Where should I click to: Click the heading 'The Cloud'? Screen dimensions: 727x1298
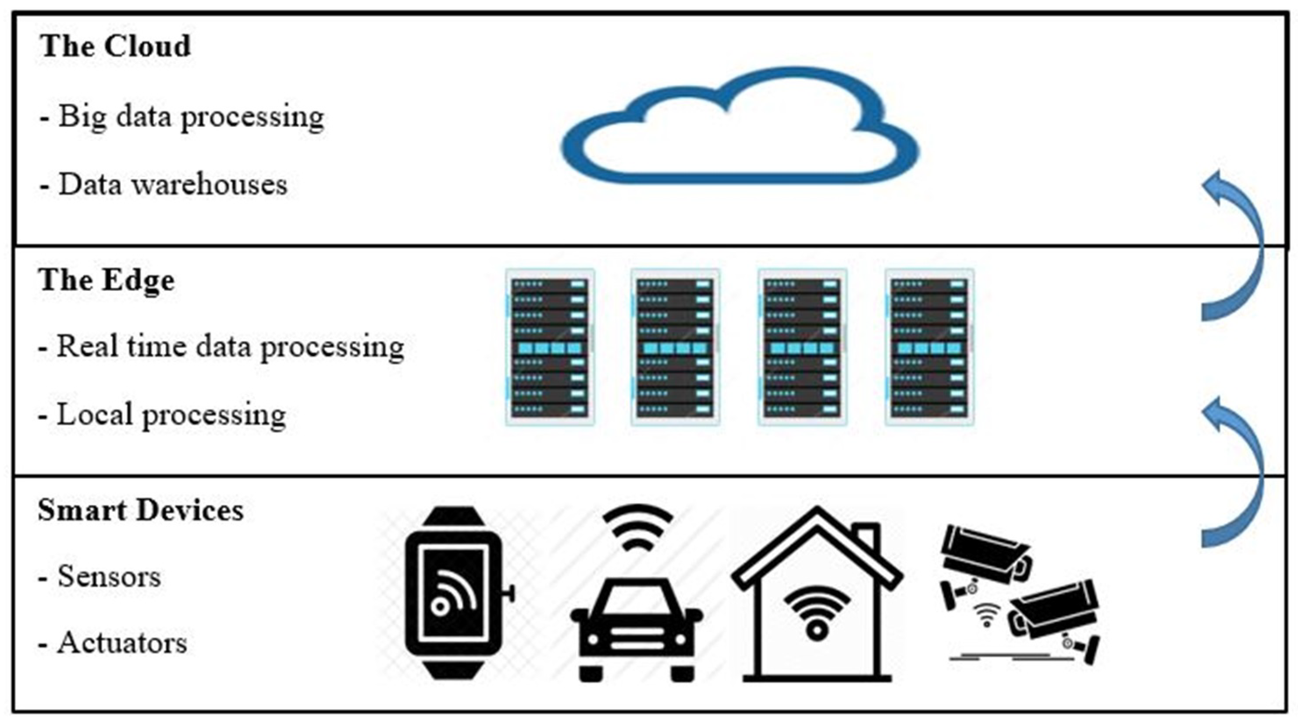click(115, 46)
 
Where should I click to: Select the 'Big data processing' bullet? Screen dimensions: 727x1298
click(182, 117)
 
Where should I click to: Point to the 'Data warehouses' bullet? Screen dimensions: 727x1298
click(164, 184)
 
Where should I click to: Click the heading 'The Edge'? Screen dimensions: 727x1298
click(107, 280)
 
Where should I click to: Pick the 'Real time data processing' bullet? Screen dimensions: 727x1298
click(222, 347)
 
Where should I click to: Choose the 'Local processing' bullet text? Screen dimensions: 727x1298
click(163, 415)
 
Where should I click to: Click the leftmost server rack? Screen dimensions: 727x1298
click(550, 347)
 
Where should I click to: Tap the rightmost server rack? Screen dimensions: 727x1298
click(929, 347)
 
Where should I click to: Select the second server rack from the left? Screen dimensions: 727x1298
click(675, 347)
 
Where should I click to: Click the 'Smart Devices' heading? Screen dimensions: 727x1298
click(141, 511)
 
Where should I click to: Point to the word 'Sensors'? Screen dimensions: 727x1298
click(109, 576)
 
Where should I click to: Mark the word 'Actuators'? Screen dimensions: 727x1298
click(122, 643)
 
